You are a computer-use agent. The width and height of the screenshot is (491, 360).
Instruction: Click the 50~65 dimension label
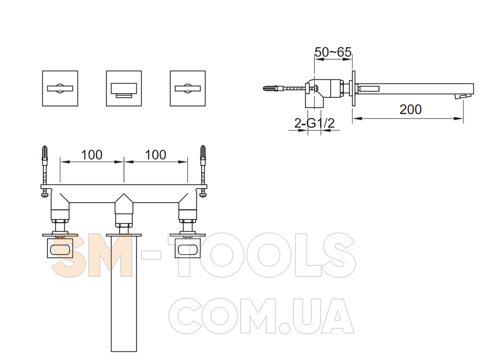pos(333,52)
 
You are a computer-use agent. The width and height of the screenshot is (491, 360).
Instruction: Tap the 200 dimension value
pos(411,109)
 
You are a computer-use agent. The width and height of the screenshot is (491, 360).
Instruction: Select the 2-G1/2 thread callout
pos(314,123)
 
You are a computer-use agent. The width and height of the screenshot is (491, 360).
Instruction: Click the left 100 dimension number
pos(92,155)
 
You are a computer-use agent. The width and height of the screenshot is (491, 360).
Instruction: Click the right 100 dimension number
pos(156,155)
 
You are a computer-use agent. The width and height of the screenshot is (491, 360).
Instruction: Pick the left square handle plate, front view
pos(60,88)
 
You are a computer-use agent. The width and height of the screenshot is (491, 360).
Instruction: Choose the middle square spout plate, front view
pos(124,88)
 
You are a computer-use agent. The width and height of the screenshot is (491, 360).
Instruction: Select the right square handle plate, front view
pos(187,88)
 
